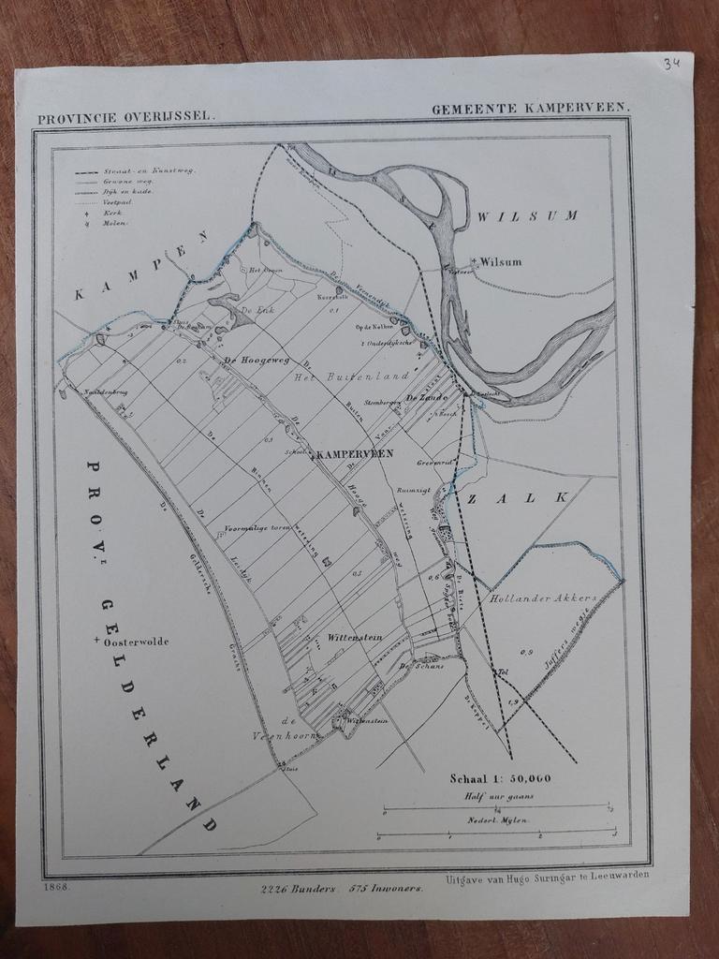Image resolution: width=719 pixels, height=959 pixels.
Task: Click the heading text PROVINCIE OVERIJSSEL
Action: [x=125, y=118]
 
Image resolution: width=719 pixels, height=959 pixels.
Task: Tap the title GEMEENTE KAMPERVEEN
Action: [x=530, y=109]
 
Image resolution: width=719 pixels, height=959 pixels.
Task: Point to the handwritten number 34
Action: [x=670, y=64]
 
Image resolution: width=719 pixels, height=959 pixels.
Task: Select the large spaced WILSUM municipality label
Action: [x=528, y=216]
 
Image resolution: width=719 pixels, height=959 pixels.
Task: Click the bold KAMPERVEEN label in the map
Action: [x=356, y=453]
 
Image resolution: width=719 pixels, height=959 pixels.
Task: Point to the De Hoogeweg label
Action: [x=254, y=360]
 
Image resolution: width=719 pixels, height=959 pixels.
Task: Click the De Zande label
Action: [x=424, y=398]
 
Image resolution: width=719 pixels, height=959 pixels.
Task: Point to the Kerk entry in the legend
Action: [x=113, y=214]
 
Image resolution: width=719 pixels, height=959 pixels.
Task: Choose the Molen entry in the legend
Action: [x=116, y=224]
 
